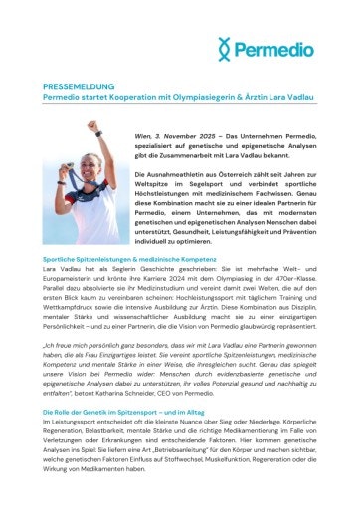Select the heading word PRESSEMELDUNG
pyautogui.click(x=79, y=87)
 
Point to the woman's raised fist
pyautogui.click(x=92, y=127)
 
